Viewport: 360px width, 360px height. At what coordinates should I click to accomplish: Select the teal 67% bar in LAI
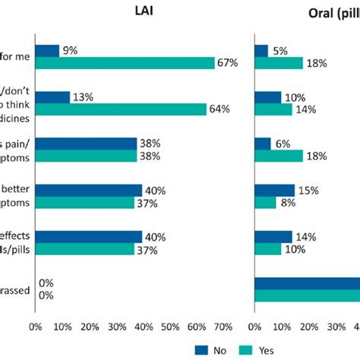coord(125,63)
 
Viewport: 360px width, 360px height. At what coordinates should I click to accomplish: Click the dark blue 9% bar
coord(47,51)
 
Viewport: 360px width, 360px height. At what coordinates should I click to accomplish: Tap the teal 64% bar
coord(121,109)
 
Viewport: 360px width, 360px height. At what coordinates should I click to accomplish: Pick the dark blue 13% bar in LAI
coord(52,97)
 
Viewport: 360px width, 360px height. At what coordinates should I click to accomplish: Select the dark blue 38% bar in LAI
coord(86,144)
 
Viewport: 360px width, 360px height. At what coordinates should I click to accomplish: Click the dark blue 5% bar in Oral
coord(261,51)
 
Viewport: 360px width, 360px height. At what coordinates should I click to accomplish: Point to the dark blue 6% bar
coord(263,144)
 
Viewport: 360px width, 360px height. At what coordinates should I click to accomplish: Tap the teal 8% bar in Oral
coord(265,203)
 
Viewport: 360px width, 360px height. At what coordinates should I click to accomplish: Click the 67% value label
coord(228,63)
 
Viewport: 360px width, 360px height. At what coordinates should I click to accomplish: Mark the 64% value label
coord(219,109)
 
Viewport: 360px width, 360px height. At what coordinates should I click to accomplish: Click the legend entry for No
coord(210,349)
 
